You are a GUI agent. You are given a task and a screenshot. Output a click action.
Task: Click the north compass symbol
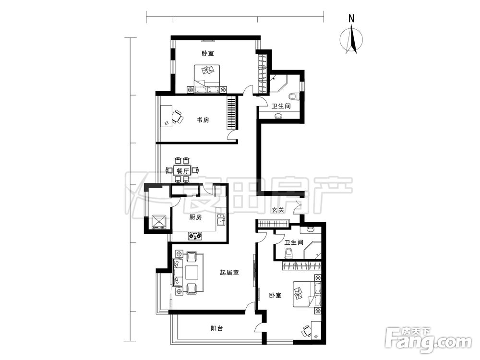pos(352,40)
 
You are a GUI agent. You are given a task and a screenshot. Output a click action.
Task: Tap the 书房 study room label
pos(203,120)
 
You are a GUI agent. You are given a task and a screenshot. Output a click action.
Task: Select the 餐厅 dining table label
pos(182,171)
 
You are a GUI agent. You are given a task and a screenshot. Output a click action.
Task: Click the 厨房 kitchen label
pos(196,217)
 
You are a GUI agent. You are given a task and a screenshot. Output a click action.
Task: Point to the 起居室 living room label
pos(229,273)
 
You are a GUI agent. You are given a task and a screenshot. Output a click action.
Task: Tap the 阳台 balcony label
pos(217,328)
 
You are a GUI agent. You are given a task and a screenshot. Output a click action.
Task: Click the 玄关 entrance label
pos(278,210)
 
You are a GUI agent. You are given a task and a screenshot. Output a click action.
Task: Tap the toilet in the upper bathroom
pos(294,96)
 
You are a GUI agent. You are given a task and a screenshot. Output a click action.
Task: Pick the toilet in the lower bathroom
pos(288,253)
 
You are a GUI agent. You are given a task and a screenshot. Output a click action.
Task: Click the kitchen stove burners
pos(195,236)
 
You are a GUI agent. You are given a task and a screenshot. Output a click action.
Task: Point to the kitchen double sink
pos(221,219)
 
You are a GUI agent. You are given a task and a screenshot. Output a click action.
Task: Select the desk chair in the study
pos(178,117)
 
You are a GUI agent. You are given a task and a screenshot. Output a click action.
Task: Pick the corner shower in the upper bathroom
pos(278,82)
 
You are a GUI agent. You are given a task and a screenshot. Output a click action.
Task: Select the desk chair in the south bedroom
pos(306,331)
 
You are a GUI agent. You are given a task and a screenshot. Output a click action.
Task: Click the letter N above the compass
pos(351,18)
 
